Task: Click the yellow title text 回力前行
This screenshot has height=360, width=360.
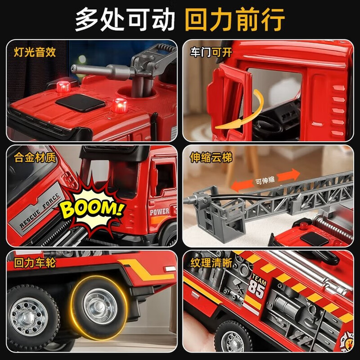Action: (x=234, y=19)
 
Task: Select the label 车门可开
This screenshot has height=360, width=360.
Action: (x=211, y=52)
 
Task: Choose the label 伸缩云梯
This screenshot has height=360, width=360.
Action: (x=211, y=157)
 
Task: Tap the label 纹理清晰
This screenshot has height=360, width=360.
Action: (x=211, y=262)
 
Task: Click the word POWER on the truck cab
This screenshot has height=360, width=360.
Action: (x=160, y=211)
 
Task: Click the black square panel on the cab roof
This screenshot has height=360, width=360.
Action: (x=80, y=103)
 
